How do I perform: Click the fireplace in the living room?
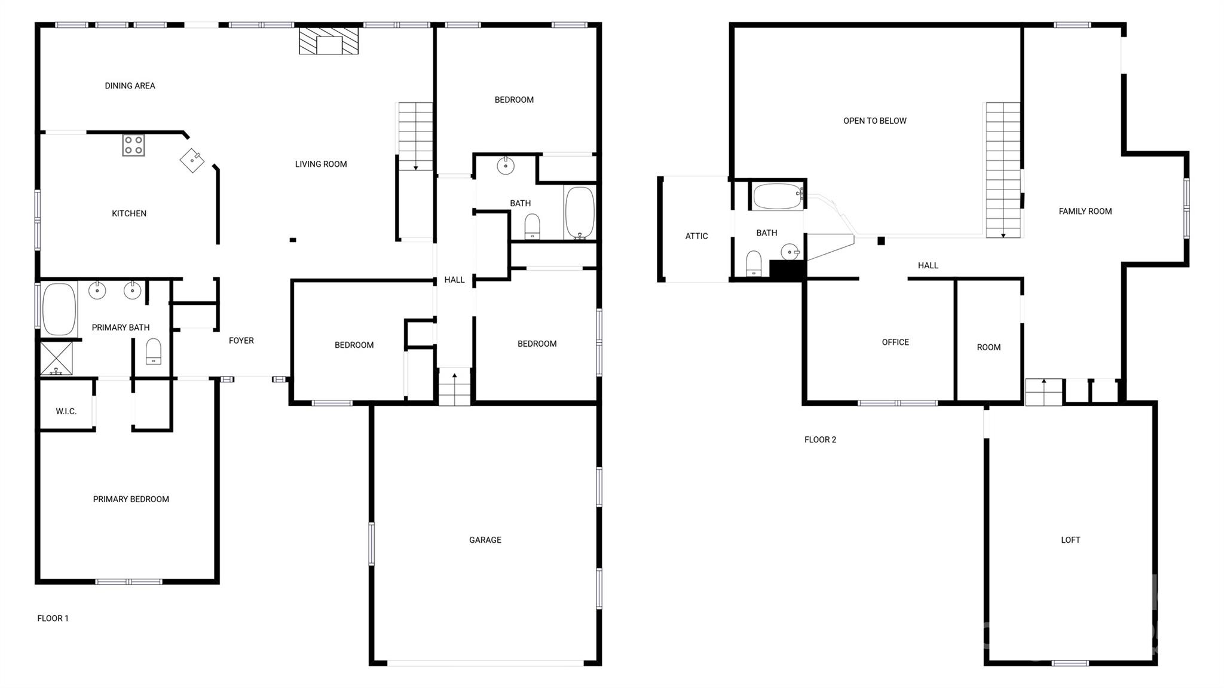[x=329, y=41]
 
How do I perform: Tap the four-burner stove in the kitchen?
[x=133, y=145]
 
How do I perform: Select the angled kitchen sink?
[x=192, y=161]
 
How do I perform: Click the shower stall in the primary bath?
[x=56, y=359]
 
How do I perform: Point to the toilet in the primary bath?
[x=154, y=351]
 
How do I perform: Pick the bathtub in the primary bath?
[x=59, y=309]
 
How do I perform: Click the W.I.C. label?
[x=66, y=411]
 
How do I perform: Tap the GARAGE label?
[x=485, y=540]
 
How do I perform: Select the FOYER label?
[x=241, y=341]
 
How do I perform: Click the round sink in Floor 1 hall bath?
[x=506, y=165]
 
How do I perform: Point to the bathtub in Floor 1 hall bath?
[x=579, y=213]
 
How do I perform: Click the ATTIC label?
[x=696, y=236]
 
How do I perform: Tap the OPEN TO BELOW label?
[x=875, y=121]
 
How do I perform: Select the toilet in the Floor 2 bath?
[x=754, y=264]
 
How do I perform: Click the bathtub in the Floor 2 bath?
[x=778, y=197]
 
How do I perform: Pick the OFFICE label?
[x=895, y=342]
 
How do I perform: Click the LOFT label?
[x=1070, y=540]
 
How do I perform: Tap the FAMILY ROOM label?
[x=1085, y=211]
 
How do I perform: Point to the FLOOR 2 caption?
[x=820, y=439]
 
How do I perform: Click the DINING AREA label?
[x=130, y=85]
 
